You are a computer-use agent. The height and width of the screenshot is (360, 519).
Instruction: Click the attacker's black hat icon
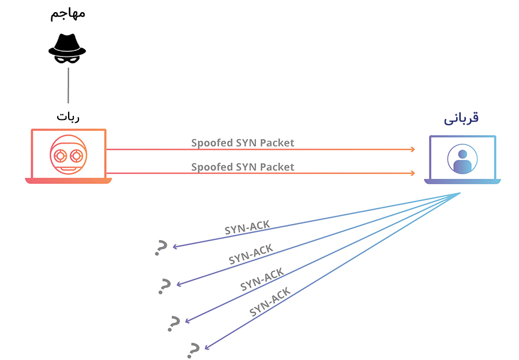[67, 47]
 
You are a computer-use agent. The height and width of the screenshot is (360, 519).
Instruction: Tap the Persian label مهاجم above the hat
[68, 13]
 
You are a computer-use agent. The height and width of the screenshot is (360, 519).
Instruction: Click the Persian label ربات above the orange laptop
[68, 116]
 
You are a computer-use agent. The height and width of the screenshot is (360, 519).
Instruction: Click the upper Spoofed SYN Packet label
[243, 142]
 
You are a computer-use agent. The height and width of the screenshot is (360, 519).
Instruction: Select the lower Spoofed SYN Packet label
[243, 167]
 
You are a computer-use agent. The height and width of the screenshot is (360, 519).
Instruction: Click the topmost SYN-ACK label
[247, 227]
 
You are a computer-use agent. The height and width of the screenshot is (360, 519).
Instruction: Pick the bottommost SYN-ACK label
[270, 302]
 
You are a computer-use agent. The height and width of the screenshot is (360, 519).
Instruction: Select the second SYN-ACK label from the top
[251, 254]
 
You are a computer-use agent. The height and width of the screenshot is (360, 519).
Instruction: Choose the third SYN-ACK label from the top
[262, 279]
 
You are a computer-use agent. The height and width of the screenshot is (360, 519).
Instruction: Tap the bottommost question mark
[194, 348]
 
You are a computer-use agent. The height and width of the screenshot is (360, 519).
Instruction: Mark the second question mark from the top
[165, 285]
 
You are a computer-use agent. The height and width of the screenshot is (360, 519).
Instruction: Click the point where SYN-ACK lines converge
[460, 193]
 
